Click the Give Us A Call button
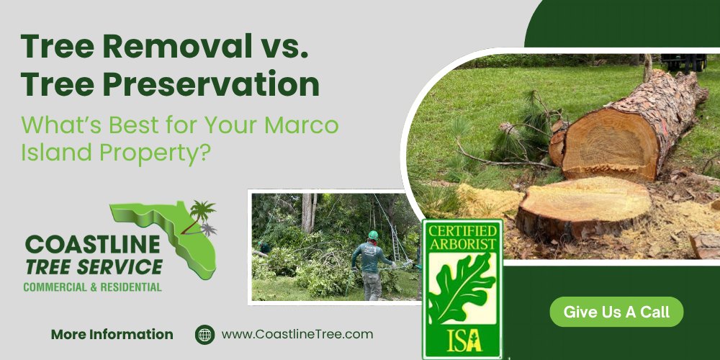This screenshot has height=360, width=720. (x=616, y=312)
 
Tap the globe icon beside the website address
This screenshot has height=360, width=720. (x=205, y=334)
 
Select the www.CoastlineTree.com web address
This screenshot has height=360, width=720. (x=297, y=334)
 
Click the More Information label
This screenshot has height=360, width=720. (x=112, y=334)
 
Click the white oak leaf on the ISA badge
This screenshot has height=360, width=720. (x=461, y=288)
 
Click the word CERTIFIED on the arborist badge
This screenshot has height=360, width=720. (x=462, y=231)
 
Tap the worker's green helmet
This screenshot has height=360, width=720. (x=373, y=235)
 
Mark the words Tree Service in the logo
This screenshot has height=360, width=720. (x=94, y=267)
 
